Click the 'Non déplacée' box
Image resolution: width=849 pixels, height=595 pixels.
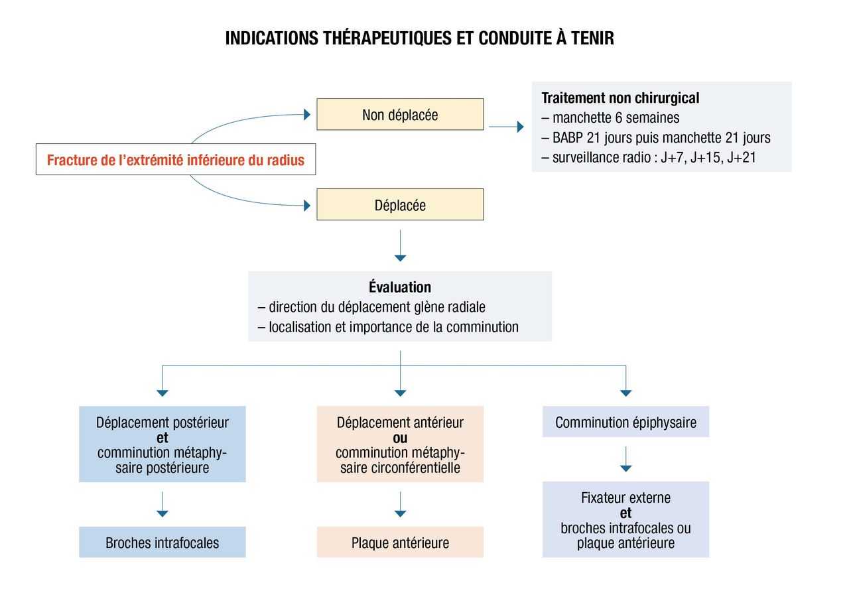[x=400, y=114]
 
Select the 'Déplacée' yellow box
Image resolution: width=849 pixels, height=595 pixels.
[x=400, y=205]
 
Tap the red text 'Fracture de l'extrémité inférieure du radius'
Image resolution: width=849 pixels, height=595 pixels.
[x=176, y=160]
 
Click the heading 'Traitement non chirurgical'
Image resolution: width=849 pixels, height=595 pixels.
[x=620, y=98]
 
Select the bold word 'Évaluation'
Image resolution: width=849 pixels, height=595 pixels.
[x=400, y=287]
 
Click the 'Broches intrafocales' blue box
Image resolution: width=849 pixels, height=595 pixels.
[x=163, y=543]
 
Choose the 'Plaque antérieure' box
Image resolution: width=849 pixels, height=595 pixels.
[x=400, y=543]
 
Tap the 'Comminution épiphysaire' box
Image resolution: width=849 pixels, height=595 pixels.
[x=625, y=422]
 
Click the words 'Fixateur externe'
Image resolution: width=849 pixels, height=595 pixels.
[x=625, y=497]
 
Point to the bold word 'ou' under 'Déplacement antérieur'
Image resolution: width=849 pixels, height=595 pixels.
[x=400, y=438]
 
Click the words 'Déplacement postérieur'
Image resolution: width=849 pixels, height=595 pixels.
[x=163, y=423]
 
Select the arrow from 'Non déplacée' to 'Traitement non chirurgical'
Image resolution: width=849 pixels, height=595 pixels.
[x=506, y=127]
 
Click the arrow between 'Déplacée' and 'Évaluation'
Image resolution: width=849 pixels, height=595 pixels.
[x=400, y=245]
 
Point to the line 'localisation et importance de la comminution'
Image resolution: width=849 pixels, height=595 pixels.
[x=393, y=327]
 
